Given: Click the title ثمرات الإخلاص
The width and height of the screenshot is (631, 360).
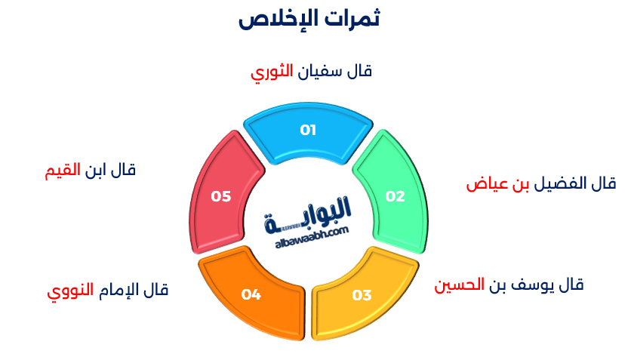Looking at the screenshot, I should click(309, 18).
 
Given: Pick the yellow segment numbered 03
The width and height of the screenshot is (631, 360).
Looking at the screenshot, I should click(362, 294).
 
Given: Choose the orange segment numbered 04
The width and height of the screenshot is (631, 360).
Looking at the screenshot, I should click(251, 294).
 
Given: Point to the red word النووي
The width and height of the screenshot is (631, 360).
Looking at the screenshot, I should click(70, 291).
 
